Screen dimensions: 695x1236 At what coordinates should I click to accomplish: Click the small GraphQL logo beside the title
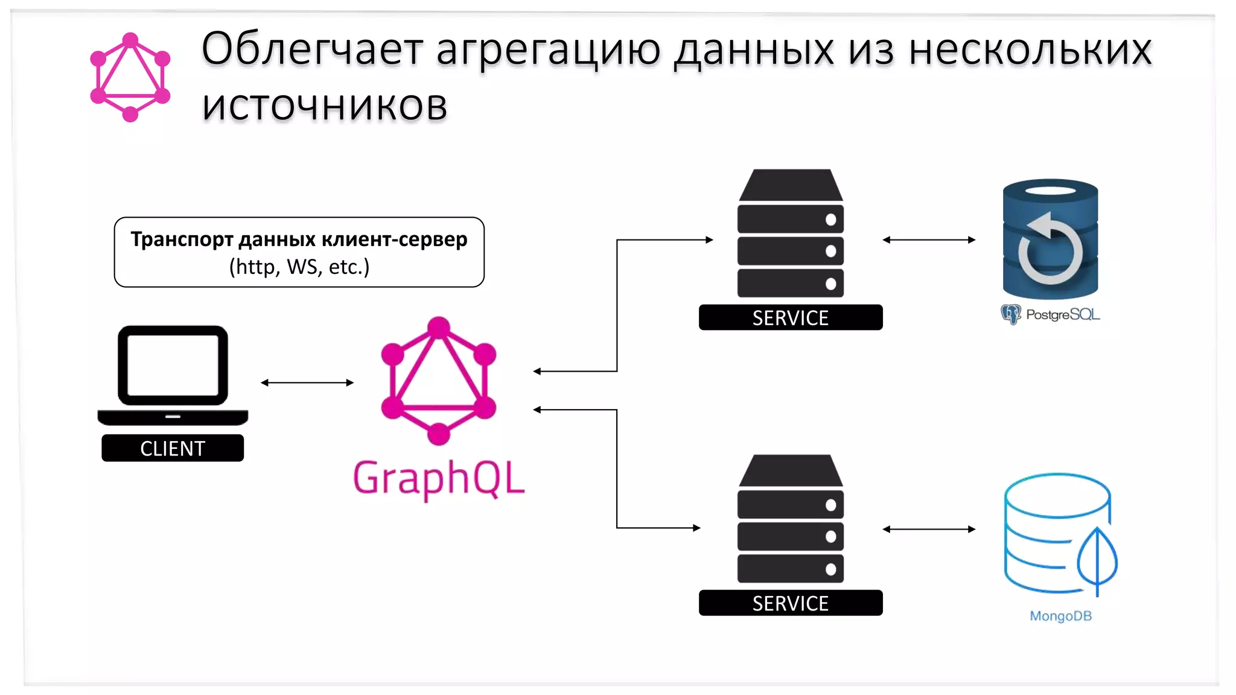coord(130,77)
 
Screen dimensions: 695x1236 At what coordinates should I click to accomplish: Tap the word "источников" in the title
coord(324,106)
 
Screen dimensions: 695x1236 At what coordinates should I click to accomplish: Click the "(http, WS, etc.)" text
coord(299,266)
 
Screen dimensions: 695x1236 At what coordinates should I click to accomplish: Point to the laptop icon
coord(173,375)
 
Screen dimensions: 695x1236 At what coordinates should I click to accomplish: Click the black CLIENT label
coord(173,448)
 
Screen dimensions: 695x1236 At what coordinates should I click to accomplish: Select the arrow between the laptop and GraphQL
coord(307,382)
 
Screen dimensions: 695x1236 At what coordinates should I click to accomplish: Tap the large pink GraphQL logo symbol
coord(439,381)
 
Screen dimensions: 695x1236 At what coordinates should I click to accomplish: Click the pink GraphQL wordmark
coord(439,478)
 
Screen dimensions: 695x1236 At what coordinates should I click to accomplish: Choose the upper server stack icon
coord(791,234)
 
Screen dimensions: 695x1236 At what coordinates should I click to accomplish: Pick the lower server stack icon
coord(791,519)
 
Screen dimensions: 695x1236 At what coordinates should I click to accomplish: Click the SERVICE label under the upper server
coord(791,317)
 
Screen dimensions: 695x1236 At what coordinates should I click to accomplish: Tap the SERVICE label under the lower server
coord(791,603)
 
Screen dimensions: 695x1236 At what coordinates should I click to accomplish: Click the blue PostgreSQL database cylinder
coord(1050,240)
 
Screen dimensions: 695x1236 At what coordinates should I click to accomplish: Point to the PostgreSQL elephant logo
coord(1010,314)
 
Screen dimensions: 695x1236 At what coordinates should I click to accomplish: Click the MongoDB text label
coord(1060,616)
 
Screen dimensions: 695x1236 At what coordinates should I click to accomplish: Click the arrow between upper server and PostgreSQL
coord(929,240)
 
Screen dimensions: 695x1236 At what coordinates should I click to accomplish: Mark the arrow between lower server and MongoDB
coord(929,529)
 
